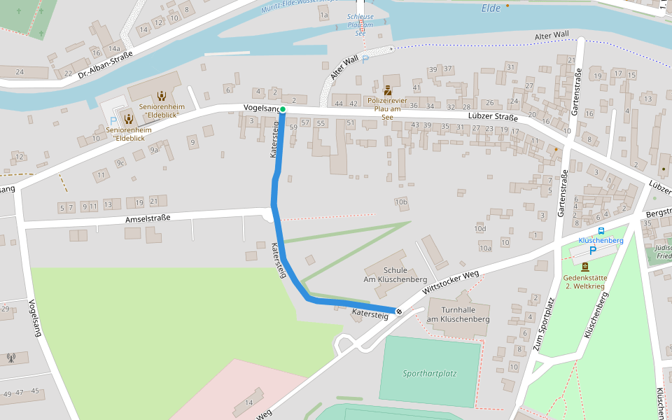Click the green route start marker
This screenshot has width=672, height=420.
coord(283,110)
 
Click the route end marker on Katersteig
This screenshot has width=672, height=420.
coord(399,311)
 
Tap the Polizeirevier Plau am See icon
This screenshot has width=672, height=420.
coord(387,90)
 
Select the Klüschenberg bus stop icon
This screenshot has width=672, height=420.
coord(601,230)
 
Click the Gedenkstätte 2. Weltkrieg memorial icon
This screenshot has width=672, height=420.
coord(585,266)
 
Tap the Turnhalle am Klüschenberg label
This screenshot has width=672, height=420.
coord(458,314)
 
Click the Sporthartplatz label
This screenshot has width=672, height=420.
coord(429,373)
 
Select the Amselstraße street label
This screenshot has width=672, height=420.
coord(148,218)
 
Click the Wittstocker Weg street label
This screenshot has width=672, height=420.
coord(451,282)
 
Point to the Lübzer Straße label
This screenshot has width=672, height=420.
coord(493,118)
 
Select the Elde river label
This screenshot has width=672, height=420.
coord(492,9)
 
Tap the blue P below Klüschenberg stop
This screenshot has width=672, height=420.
coord(593,250)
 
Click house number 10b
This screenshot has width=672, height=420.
coord(400,202)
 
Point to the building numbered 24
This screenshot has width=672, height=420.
coord(20,71)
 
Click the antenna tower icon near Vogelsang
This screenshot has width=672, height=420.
coord(10,358)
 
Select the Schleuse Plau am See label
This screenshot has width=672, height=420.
coord(360,24)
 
